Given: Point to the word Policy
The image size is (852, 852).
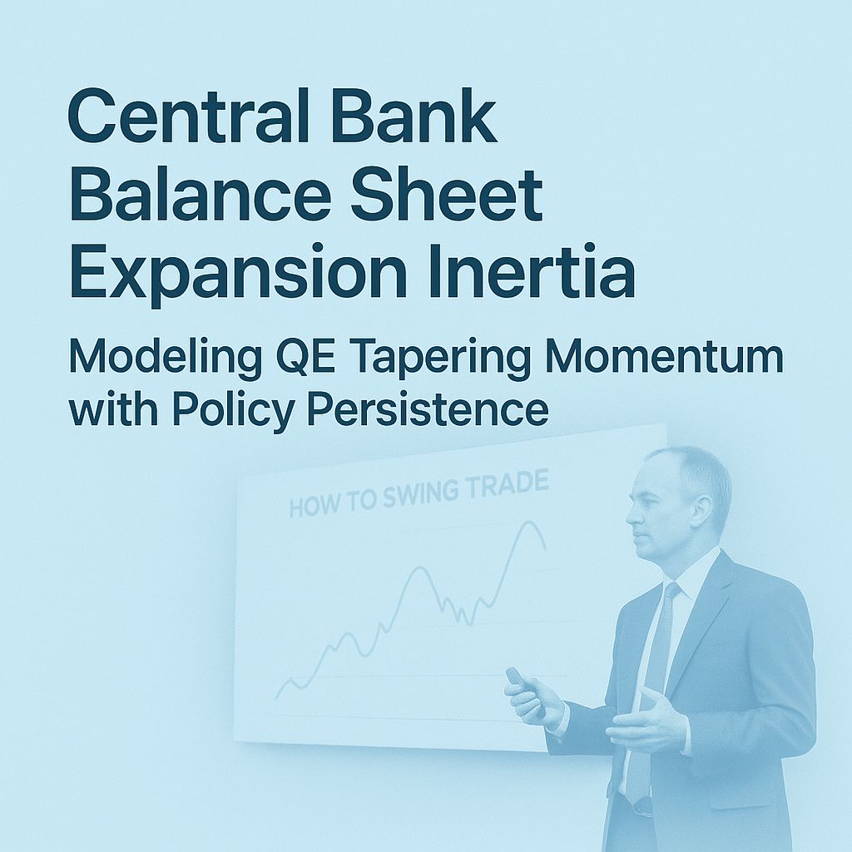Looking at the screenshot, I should click(229, 411).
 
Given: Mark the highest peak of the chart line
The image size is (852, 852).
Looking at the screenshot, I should click(527, 523).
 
